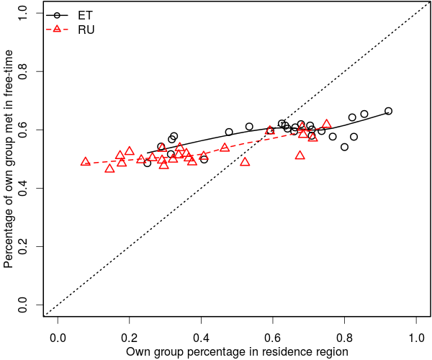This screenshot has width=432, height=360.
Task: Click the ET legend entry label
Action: (x=86, y=14)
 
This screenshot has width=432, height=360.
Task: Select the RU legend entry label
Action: (x=86, y=30)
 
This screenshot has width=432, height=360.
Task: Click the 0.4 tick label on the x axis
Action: (x=201, y=337)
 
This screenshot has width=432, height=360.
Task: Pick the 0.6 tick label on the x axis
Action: (x=273, y=337)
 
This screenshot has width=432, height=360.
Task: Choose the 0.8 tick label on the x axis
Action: (x=345, y=337)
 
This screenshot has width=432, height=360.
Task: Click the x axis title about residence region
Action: (x=237, y=352)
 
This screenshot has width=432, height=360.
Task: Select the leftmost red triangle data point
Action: (x=85, y=162)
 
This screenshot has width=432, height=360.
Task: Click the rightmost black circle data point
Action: (x=388, y=111)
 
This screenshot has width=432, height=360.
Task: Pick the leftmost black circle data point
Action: (x=148, y=163)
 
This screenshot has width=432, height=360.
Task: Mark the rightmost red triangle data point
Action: (x=326, y=124)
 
